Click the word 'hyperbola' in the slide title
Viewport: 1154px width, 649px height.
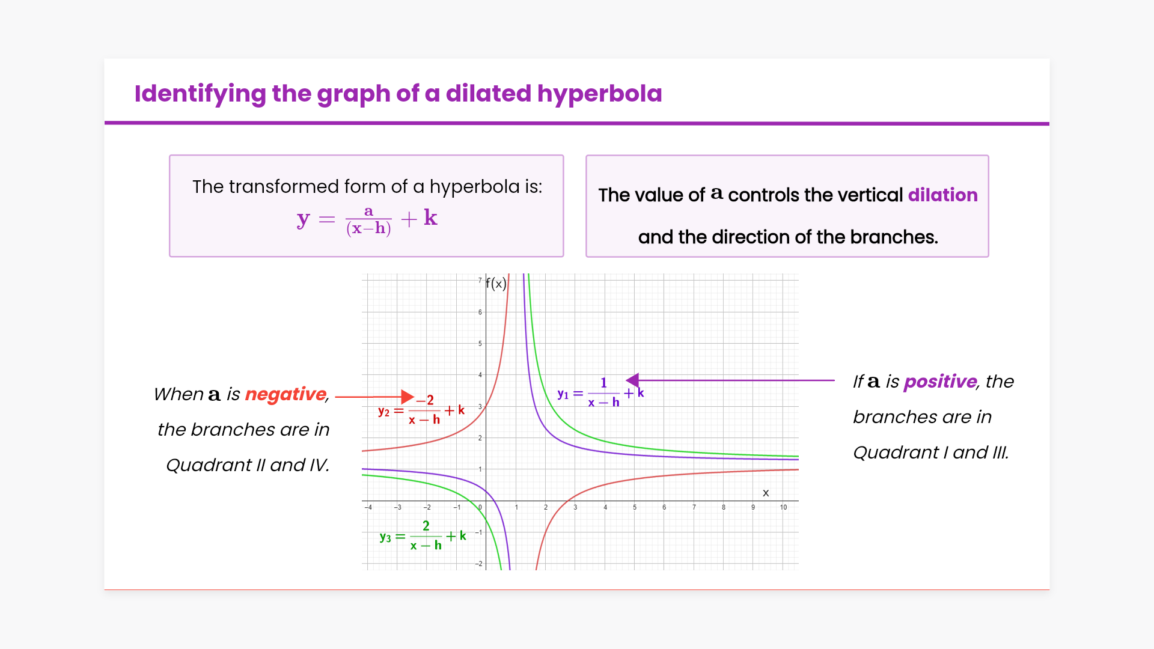pyautogui.click(x=599, y=94)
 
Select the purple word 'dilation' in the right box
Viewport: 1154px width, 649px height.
pyautogui.click(x=942, y=195)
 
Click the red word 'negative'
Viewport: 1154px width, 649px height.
pyautogui.click(x=285, y=394)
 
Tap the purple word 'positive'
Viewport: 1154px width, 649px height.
pyautogui.click(x=940, y=382)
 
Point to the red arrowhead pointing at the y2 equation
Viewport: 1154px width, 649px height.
pyautogui.click(x=408, y=397)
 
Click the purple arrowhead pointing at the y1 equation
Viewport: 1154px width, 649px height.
pyautogui.click(x=632, y=380)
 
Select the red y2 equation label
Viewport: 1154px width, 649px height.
pyautogui.click(x=421, y=410)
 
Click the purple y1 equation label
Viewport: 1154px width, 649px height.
pyautogui.click(x=600, y=393)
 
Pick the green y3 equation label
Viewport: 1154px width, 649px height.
pyautogui.click(x=423, y=535)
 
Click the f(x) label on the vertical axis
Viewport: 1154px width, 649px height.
pyautogui.click(x=496, y=284)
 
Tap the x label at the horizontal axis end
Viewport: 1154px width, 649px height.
pyautogui.click(x=766, y=493)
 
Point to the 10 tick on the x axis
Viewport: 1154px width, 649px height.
pyautogui.click(x=783, y=508)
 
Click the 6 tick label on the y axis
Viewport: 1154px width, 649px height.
pyautogui.click(x=480, y=312)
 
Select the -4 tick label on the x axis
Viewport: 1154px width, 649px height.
pyautogui.click(x=368, y=508)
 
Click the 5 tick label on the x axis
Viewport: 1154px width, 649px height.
pyautogui.click(x=635, y=508)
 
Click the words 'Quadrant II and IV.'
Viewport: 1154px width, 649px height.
pyautogui.click(x=248, y=465)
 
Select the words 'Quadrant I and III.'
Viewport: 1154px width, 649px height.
pyautogui.click(x=931, y=452)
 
